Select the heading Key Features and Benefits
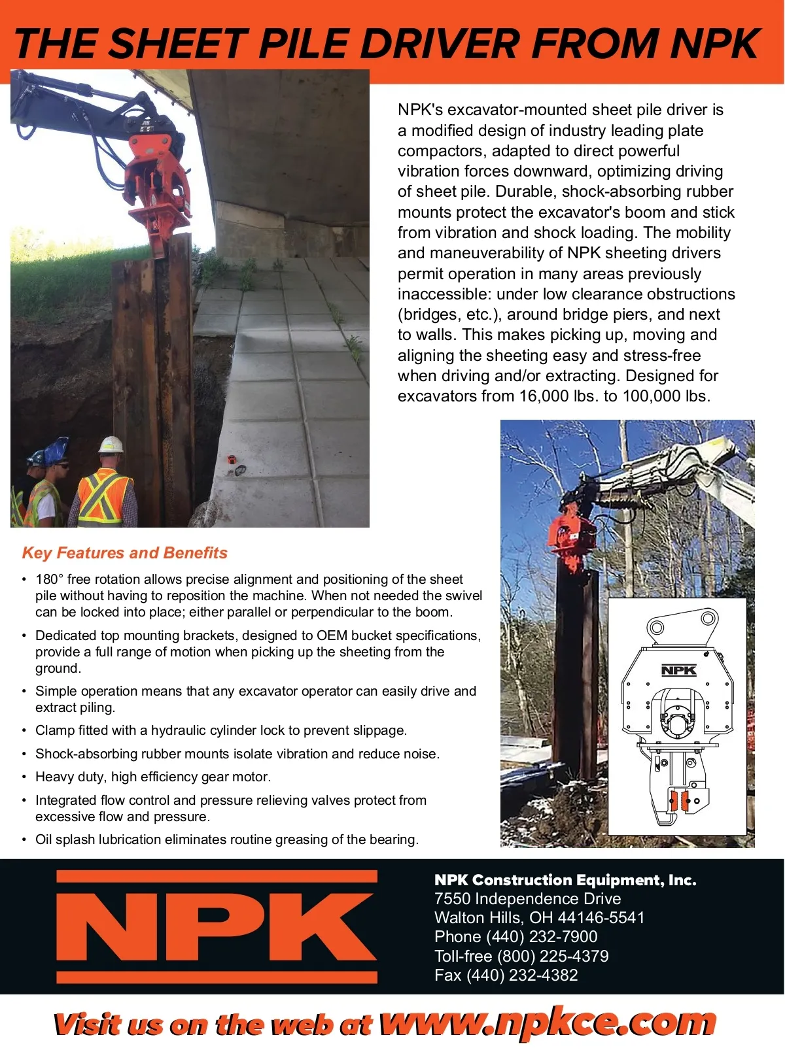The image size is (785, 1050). coord(124,553)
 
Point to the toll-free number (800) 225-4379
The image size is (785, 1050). coord(553,956)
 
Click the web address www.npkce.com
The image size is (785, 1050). coord(548,1023)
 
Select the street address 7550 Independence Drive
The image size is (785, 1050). coord(527,899)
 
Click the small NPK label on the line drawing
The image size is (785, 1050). coord(678,670)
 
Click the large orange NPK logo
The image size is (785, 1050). coord(217,927)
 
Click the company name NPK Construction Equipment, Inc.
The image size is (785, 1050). coord(565,880)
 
